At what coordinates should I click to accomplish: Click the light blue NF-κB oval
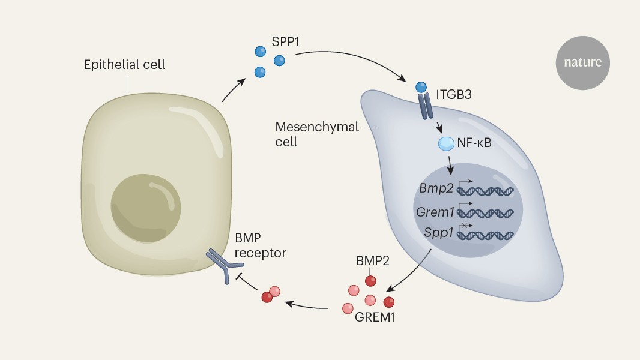[x=447, y=143]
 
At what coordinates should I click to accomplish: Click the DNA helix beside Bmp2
[x=486, y=191]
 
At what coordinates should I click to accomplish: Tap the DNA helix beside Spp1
[x=486, y=234]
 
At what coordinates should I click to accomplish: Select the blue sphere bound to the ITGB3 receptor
[x=422, y=88]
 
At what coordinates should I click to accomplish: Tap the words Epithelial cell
[x=124, y=64]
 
